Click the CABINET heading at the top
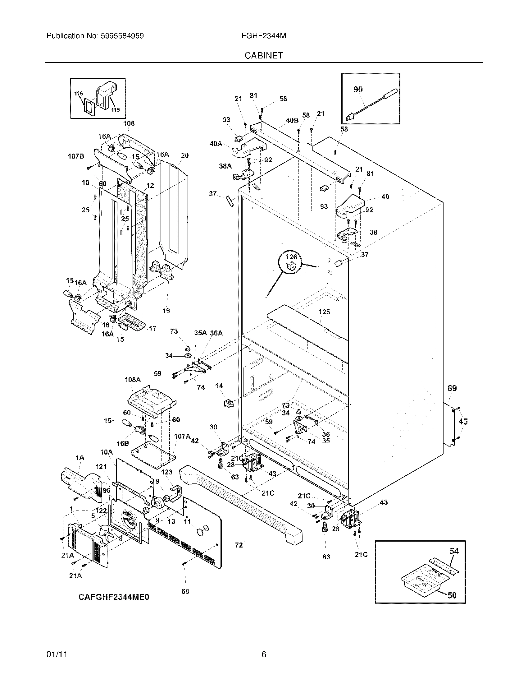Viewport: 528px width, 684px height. click(264, 55)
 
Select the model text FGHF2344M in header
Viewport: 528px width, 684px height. click(264, 36)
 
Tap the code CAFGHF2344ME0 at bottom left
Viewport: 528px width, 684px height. click(114, 597)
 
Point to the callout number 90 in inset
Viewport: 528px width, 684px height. click(358, 89)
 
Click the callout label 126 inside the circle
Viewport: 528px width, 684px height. click(291, 257)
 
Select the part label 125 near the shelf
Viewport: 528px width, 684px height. click(324, 312)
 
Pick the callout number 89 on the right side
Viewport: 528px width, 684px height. click(452, 388)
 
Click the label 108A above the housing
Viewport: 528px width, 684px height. click(133, 380)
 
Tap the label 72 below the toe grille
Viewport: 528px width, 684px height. click(239, 545)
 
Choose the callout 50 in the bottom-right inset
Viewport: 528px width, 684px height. click(452, 595)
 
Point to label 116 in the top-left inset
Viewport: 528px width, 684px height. click(79, 94)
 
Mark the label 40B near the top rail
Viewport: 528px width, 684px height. click(292, 120)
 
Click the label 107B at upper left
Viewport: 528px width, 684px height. click(76, 156)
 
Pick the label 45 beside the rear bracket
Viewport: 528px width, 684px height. click(463, 422)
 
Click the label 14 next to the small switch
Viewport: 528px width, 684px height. click(219, 386)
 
